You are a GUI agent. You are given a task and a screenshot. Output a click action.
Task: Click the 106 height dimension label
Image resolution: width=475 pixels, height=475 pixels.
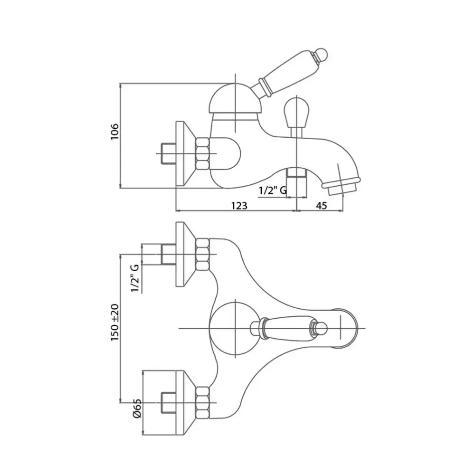point(114,132)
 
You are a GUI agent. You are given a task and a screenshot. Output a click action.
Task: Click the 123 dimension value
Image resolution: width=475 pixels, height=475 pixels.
point(239,206)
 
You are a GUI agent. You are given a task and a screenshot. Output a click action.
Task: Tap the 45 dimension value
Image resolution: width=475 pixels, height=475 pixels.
point(321,206)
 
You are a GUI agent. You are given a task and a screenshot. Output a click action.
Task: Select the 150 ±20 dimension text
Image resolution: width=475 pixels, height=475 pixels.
point(115,323)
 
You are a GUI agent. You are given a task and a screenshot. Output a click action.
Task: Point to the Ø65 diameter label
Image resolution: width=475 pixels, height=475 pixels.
point(137,408)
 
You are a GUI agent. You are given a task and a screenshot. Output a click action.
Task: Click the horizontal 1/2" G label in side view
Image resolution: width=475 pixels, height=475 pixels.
point(272,190)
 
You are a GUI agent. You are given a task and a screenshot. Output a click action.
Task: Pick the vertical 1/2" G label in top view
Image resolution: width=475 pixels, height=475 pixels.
point(135,278)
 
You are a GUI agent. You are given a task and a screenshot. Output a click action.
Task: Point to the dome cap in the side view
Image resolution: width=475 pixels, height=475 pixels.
point(236,98)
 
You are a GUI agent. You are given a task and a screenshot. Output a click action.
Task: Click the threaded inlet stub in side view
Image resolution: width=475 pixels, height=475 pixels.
point(169,153)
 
